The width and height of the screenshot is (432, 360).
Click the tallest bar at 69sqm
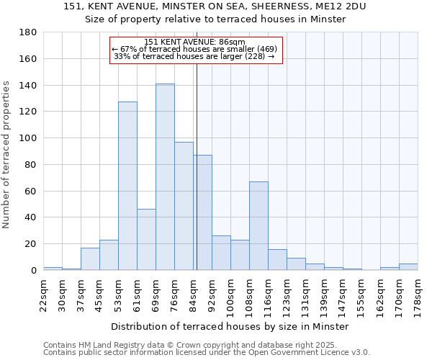[x=165, y=177]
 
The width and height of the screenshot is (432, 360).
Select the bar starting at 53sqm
[x=127, y=186]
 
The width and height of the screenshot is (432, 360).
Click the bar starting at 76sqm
[x=184, y=206]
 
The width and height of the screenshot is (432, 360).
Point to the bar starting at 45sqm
[x=109, y=255]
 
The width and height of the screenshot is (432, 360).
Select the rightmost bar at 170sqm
[x=408, y=267]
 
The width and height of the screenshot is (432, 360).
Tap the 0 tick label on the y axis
[x=32, y=271]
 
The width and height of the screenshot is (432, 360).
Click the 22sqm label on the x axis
[x=43, y=292]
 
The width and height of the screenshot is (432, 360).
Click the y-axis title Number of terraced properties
[x=7, y=155]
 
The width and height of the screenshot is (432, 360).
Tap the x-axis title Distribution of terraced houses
[x=230, y=327]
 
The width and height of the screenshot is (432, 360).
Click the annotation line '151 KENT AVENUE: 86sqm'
[x=195, y=42]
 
